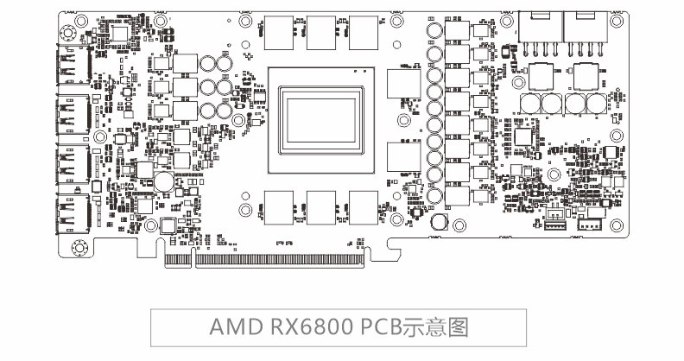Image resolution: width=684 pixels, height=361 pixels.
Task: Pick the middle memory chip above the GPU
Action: [322, 32]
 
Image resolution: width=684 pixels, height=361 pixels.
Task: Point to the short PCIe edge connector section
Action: [177, 257]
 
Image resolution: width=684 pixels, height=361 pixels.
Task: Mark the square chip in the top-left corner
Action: [117, 32]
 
